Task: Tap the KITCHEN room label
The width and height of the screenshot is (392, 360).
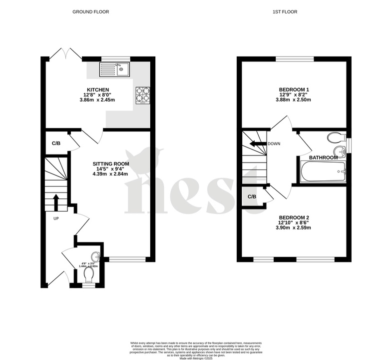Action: [98, 89]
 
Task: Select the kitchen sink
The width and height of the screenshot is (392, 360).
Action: [115, 68]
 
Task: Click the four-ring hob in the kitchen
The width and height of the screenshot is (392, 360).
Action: [143, 95]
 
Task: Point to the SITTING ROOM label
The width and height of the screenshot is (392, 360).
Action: [111, 163]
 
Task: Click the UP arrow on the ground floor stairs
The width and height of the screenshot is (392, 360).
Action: [56, 202]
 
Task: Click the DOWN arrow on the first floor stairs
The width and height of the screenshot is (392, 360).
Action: [258, 144]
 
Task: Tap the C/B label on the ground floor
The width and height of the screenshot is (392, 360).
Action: [56, 143]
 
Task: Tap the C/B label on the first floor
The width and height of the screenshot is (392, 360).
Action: [252, 196]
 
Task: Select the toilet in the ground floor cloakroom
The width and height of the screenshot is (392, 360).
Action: [89, 275]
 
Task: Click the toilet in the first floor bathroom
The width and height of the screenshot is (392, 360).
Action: [335, 138]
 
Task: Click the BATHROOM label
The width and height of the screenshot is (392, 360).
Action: [324, 157]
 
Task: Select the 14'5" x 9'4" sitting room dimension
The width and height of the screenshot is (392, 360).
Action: [111, 169]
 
